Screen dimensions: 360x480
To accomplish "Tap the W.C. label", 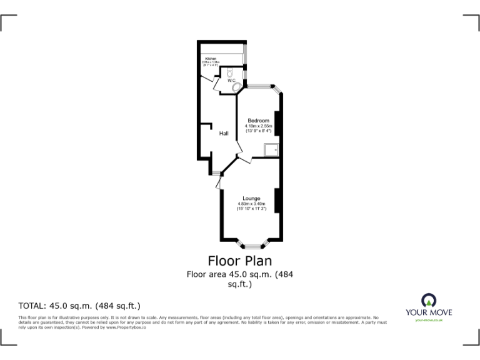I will (231, 81).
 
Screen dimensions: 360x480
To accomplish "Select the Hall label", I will (223, 133).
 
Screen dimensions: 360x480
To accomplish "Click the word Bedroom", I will (258, 121).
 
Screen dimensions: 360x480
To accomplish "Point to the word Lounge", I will (251, 199).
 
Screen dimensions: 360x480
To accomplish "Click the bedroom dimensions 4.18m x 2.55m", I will (259, 126).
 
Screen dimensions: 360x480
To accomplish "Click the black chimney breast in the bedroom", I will (278, 122).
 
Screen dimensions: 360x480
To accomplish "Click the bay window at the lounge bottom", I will (251, 244).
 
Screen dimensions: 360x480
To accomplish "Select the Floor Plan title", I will (240, 260).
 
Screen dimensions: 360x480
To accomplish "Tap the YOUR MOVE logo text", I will (429, 312).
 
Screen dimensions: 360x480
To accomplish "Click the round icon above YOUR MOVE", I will (429, 299).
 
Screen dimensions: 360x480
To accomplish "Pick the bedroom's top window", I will (257, 86).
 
